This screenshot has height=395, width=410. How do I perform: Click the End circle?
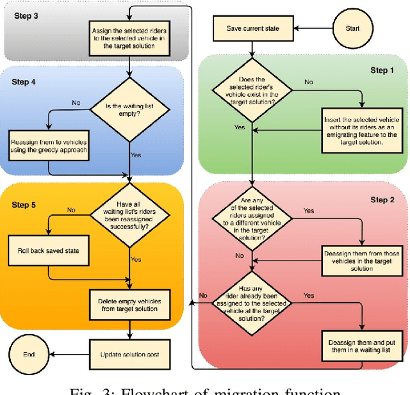coord(29,354)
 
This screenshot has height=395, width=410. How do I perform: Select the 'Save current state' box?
coord(252,28)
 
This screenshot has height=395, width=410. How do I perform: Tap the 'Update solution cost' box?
coord(130,354)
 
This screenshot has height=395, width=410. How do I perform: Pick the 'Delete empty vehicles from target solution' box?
coord(130,305)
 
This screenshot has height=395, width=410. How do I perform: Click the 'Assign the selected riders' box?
coord(130,33)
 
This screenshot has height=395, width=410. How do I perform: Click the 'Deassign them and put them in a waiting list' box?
coord(362,346)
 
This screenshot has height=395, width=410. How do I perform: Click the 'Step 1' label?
coord(383,70)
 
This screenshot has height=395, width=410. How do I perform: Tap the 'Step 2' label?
coord(383,199)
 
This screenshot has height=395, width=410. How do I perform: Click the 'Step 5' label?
coord(24,204)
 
